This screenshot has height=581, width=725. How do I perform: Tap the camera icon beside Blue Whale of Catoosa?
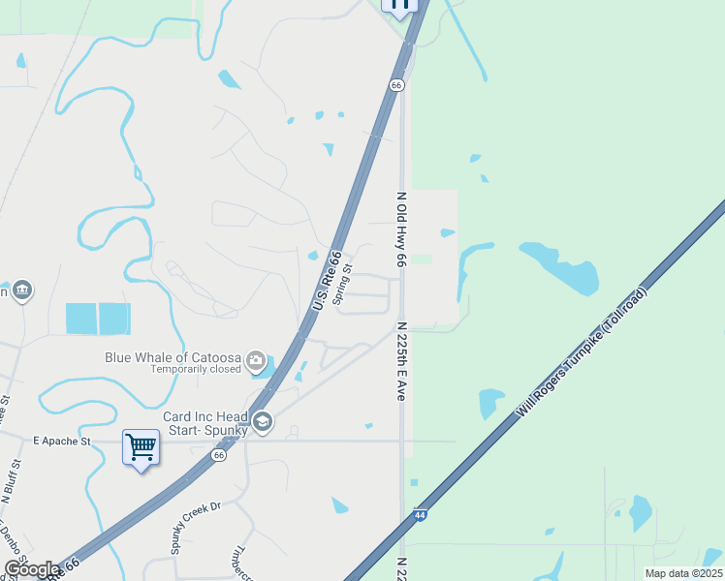(x=256, y=362)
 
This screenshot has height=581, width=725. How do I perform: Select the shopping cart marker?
(x=142, y=447)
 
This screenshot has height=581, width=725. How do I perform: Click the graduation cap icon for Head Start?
(x=262, y=421)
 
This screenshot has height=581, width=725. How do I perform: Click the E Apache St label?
(x=61, y=441)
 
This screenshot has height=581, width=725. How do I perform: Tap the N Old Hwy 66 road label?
(x=400, y=229)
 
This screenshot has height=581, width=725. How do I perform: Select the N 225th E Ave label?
(x=400, y=362)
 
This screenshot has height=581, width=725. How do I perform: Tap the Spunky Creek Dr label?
(x=197, y=526)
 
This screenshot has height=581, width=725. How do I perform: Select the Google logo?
(x=32, y=569)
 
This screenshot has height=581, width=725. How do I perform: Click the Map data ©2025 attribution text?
(x=682, y=573)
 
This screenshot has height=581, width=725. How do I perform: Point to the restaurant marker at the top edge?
(x=398, y=5)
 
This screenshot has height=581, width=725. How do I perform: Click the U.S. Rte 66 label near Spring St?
(x=328, y=282)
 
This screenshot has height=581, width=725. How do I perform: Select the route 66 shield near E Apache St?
(x=219, y=454)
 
